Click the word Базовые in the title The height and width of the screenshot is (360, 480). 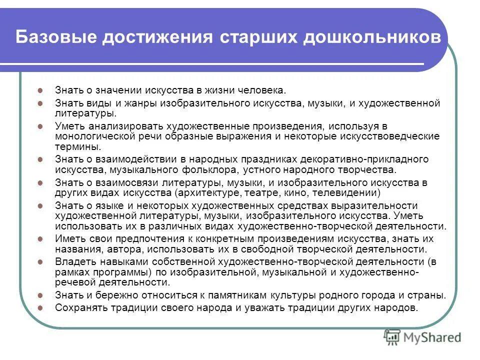coord(53,37)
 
